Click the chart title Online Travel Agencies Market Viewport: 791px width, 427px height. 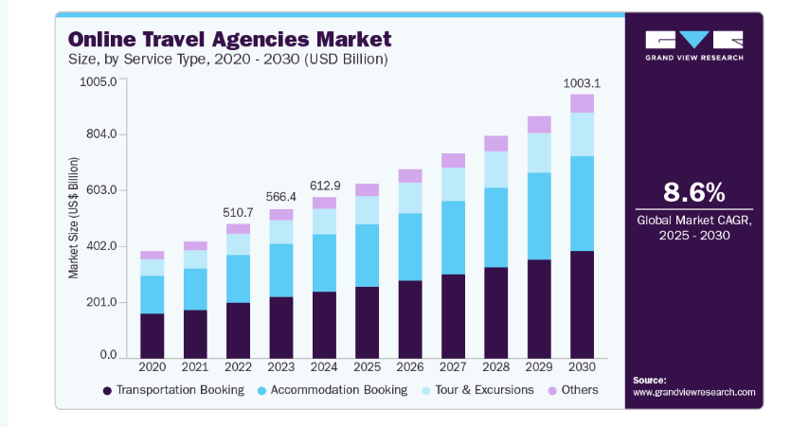pos(228,39)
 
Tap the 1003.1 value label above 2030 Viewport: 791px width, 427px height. pos(582,83)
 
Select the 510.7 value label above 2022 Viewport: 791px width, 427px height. pos(237,212)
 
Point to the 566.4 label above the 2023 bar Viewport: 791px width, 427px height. pos(280,197)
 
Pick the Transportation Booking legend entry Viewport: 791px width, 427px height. pos(172,390)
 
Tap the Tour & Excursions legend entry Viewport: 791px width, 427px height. pos(477,390)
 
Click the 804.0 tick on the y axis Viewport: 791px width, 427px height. pos(100,134)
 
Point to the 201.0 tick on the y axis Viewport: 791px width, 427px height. pos(100,303)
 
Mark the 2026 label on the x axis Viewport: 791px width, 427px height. pos(410,366)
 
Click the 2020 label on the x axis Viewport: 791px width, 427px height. pos(152,366)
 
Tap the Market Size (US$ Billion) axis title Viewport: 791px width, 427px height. pos(73,217)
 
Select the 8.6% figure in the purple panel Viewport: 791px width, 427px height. pos(693,192)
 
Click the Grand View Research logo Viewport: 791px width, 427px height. pos(693,44)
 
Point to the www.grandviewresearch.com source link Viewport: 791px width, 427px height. pos(693,392)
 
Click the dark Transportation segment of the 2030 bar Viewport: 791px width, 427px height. pos(582,303)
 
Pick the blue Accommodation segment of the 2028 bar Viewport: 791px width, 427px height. pos(495,227)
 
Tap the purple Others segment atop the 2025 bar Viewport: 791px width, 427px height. pos(367,189)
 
